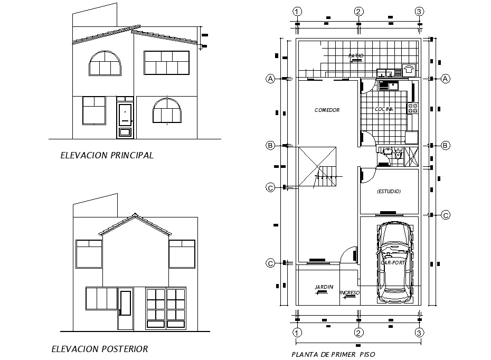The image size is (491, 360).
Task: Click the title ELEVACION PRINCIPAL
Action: [107, 155]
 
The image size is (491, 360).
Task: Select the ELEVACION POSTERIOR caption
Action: [100, 349]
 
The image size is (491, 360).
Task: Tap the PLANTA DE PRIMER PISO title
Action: [333, 354]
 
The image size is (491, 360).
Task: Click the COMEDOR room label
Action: [327, 110]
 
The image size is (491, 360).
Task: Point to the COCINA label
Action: [384, 109]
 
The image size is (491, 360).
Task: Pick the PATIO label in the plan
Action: [356, 55]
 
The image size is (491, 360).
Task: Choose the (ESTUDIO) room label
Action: [389, 192]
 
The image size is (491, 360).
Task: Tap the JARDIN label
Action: [324, 287]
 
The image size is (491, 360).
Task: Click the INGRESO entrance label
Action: [350, 292]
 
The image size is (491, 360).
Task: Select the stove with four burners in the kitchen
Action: [413, 108]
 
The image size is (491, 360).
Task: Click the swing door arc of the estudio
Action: [368, 176]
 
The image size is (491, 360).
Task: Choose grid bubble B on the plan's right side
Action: [445, 145]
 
